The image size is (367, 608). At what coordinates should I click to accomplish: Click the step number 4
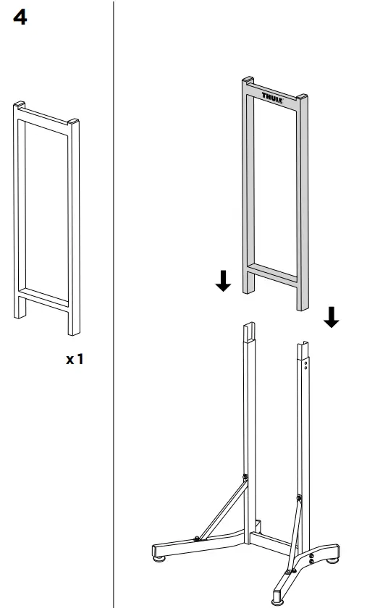[x=20, y=19]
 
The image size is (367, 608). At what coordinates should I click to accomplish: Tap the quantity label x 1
[x=75, y=359]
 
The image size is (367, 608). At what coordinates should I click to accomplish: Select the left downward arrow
[x=224, y=282]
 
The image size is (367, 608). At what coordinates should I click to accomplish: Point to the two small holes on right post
[x=306, y=363]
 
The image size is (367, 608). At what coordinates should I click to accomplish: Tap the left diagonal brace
[x=222, y=507]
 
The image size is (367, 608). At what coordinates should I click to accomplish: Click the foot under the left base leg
[x=158, y=557]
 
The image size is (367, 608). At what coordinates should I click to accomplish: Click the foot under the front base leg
[x=277, y=600]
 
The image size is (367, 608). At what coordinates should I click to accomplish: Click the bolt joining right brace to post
[x=298, y=497]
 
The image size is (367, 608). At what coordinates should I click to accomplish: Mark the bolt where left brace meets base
[x=197, y=538]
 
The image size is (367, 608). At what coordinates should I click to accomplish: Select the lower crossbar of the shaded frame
[x=273, y=272]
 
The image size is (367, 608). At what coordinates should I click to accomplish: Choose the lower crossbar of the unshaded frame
[x=43, y=296]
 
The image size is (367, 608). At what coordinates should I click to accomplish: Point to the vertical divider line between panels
[x=114, y=304]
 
